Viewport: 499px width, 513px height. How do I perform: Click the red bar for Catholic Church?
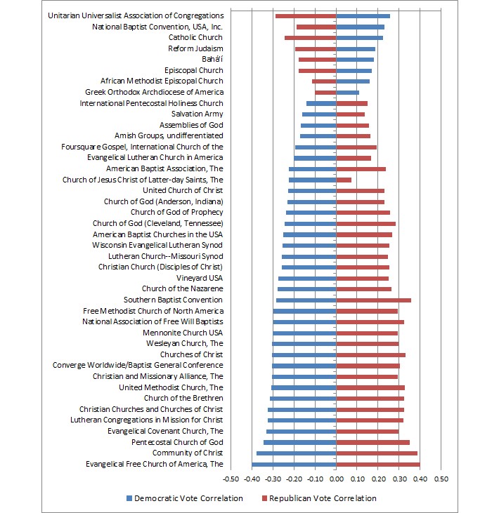click(x=310, y=37)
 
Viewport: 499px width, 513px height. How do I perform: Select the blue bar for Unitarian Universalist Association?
click(x=363, y=15)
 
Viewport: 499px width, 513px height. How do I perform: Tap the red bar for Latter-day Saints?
click(x=344, y=180)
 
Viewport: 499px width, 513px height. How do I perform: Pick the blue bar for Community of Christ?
click(x=296, y=453)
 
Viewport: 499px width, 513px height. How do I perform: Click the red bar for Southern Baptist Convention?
click(x=373, y=300)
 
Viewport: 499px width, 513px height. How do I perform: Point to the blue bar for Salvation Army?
click(x=319, y=114)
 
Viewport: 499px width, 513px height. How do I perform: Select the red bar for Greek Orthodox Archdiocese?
click(x=325, y=92)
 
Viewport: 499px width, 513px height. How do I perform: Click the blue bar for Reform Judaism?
click(x=356, y=48)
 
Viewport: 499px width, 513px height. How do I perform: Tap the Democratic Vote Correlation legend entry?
click(x=185, y=498)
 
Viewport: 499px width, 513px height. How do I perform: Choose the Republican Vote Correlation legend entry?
click(x=318, y=498)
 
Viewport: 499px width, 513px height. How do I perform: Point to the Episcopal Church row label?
click(x=194, y=70)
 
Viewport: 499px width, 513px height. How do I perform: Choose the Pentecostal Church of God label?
click(x=177, y=442)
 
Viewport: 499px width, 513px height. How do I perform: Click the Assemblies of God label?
click(x=191, y=125)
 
